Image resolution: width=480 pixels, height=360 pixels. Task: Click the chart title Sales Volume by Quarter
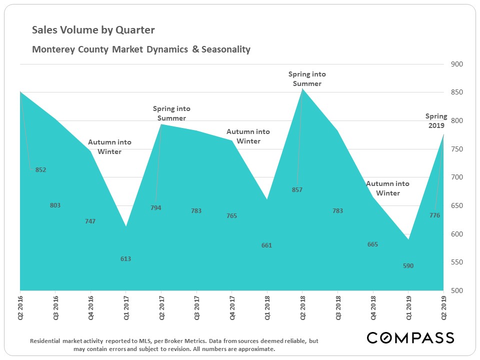pos(93,30)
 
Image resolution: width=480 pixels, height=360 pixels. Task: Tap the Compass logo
pos(410,337)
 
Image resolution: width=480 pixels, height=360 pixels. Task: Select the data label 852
pos(41,170)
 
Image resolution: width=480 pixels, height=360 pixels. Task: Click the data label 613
pos(126,259)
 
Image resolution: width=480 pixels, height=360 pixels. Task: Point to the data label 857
pos(297,190)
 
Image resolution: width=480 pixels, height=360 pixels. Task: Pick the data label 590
pos(408,266)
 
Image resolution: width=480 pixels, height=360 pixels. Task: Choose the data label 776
pos(434,215)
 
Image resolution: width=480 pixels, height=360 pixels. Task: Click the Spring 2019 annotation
pos(436,121)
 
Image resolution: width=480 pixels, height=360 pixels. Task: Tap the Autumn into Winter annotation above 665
pos(387,188)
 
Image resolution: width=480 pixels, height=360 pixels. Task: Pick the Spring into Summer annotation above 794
pos(171,113)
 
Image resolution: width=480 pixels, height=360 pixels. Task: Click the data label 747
pos(90,221)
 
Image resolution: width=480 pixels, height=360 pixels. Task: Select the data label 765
pos(231,216)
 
